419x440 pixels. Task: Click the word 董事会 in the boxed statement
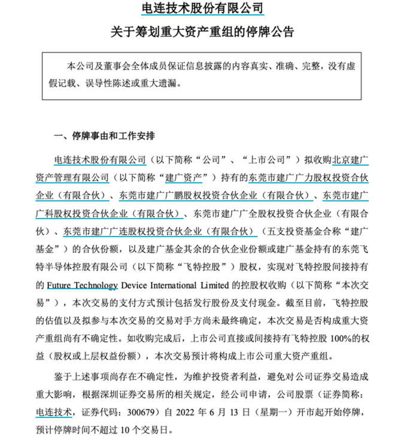pos(107,64)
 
